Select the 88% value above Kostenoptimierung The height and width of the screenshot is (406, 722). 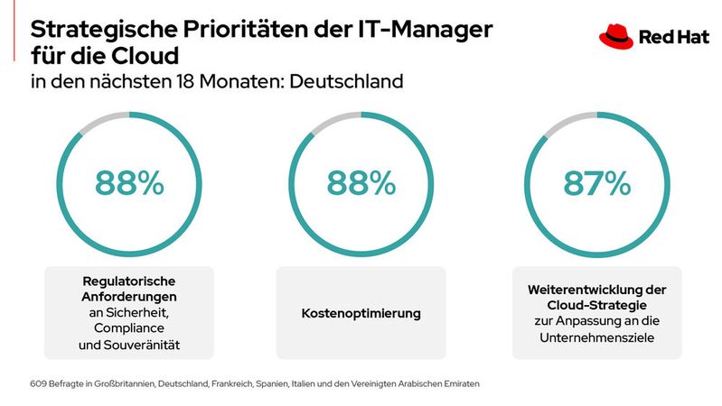click(361, 183)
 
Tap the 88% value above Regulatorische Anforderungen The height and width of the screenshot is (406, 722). click(129, 183)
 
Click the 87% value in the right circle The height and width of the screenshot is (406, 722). click(596, 183)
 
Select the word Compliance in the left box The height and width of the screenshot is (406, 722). click(129, 328)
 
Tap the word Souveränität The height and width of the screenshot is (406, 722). click(145, 344)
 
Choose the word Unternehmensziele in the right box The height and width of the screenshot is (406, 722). click(596, 336)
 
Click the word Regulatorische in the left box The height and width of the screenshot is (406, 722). click(129, 280)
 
